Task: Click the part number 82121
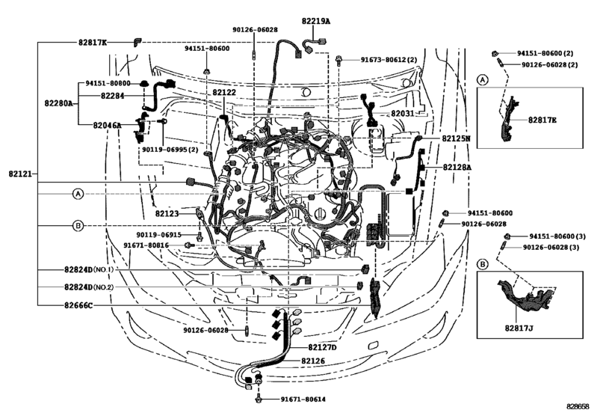pyautogui.click(x=19, y=174)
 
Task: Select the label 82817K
pyautogui.click(x=92, y=43)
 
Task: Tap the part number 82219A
pyautogui.click(x=317, y=22)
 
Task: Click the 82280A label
pyautogui.click(x=58, y=103)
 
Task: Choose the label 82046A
pyautogui.click(x=108, y=125)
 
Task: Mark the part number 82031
pyautogui.click(x=406, y=113)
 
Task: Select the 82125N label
pyautogui.click(x=456, y=139)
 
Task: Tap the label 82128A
pyautogui.click(x=457, y=168)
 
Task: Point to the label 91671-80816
pyautogui.click(x=146, y=245)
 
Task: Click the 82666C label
pyautogui.click(x=78, y=305)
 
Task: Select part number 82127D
pyautogui.click(x=323, y=347)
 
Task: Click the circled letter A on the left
pyautogui.click(x=78, y=193)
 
